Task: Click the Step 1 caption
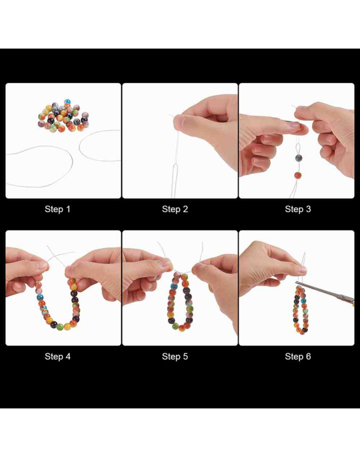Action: pos(58,209)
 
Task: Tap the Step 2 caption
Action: pos(175,209)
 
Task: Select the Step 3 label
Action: pos(298,209)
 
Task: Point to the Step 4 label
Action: pos(58,356)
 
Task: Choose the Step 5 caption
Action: pos(175,356)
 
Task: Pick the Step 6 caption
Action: pos(298,356)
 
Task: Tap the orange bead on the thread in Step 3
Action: pos(297,175)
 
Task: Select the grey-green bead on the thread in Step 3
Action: pos(298,158)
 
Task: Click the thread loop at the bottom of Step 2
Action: pos(175,174)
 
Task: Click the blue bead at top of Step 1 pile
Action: pos(67,102)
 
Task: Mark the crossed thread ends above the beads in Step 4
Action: pos(58,256)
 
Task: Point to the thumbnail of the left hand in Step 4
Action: pos(43,265)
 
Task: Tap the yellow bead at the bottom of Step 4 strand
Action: pos(67,326)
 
